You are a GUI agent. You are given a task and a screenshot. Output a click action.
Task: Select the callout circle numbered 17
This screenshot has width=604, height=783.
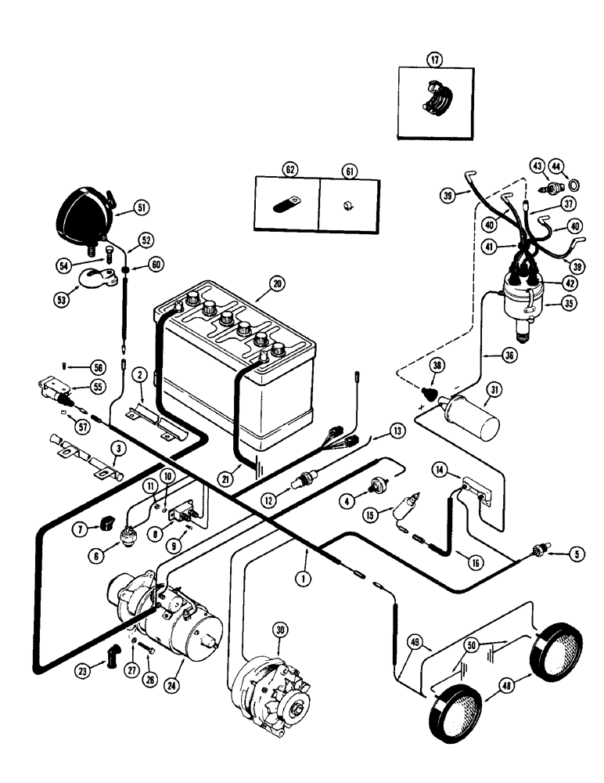433,60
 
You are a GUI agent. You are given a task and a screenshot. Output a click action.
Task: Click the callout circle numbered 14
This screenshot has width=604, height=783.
440,469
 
